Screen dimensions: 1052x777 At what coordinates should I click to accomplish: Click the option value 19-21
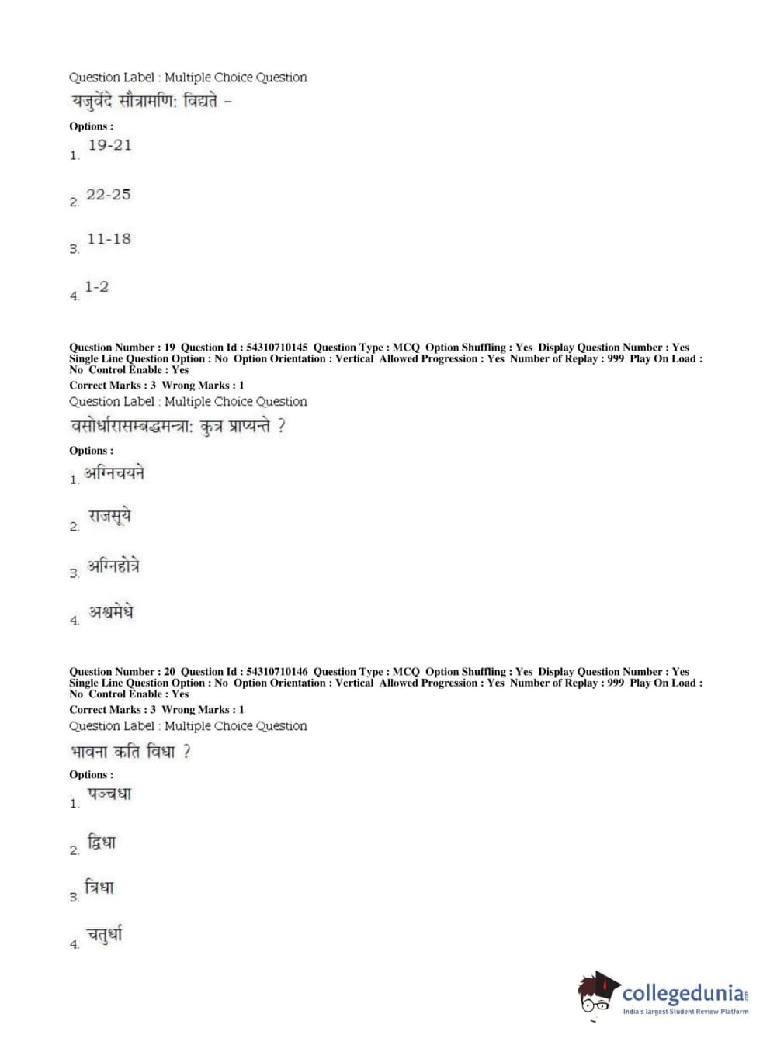pyautogui.click(x=109, y=145)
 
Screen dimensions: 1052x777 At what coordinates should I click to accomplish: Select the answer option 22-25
pyautogui.click(x=108, y=195)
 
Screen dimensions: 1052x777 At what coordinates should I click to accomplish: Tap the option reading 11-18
pyautogui.click(x=109, y=239)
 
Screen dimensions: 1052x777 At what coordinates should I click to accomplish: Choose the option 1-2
pyautogui.click(x=96, y=287)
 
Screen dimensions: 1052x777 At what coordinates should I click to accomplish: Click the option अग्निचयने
pyautogui.click(x=114, y=473)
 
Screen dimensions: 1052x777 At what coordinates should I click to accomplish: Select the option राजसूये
pyautogui.click(x=109, y=517)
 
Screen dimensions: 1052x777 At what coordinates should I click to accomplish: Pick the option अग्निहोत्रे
pyautogui.click(x=113, y=566)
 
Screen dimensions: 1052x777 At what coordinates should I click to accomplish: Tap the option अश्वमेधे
pyautogui.click(x=110, y=612)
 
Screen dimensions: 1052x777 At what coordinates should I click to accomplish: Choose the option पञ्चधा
pyautogui.click(x=109, y=794)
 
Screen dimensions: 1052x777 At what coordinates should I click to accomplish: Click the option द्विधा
pyautogui.click(x=101, y=843)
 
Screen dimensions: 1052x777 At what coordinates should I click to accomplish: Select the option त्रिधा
pyautogui.click(x=99, y=888)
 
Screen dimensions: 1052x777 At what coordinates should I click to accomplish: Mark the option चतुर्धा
pyautogui.click(x=104, y=935)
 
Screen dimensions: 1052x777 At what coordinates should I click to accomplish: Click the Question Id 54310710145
pyautogui.click(x=276, y=348)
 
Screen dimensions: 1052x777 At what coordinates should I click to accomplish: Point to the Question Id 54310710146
pyautogui.click(x=276, y=672)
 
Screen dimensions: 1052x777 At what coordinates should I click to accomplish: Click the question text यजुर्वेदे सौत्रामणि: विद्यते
pyautogui.click(x=151, y=102)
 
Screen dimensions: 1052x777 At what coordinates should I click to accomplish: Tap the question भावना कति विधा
pyautogui.click(x=130, y=752)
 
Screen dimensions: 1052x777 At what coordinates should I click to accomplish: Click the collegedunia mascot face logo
pyautogui.click(x=597, y=994)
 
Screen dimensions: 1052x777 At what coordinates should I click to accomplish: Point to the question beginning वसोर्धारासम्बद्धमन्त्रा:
pyautogui.click(x=178, y=427)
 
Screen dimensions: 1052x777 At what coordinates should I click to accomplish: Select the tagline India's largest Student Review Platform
pyautogui.click(x=685, y=1012)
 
